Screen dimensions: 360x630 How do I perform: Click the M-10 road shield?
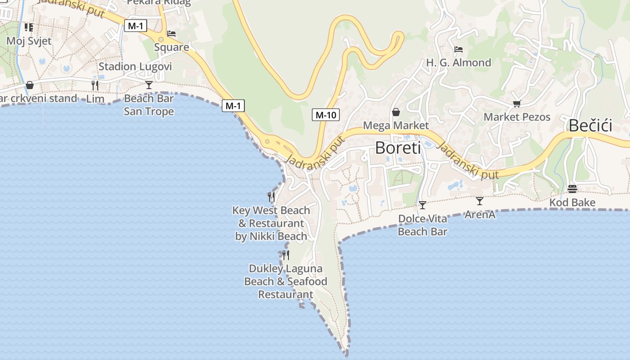pyautogui.click(x=325, y=115)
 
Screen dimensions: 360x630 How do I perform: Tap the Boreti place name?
pyautogui.click(x=398, y=148)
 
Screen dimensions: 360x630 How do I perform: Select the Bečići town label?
pyautogui.click(x=590, y=126)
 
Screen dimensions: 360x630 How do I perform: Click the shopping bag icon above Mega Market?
pyautogui.click(x=396, y=112)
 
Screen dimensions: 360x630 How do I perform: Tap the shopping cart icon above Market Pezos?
pyautogui.click(x=517, y=104)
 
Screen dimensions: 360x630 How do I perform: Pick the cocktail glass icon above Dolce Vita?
pyautogui.click(x=422, y=205)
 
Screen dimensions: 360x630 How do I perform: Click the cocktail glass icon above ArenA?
pyautogui.click(x=480, y=201)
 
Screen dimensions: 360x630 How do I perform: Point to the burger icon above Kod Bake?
pyautogui.click(x=572, y=189)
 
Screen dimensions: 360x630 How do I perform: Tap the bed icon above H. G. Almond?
pyautogui.click(x=459, y=49)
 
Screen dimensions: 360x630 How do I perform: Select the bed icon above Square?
pyautogui.click(x=171, y=34)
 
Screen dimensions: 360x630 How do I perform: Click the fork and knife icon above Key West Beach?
pyautogui.click(x=271, y=197)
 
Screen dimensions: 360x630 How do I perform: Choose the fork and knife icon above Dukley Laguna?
pyautogui.click(x=285, y=255)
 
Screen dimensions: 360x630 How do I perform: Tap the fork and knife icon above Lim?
pyautogui.click(x=95, y=85)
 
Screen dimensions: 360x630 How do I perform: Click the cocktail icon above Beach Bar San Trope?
pyautogui.click(x=149, y=85)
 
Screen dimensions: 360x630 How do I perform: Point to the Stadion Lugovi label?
pyautogui.click(x=135, y=67)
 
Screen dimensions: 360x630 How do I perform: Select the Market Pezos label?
pyautogui.click(x=517, y=117)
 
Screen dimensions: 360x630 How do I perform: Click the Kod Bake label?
pyautogui.click(x=572, y=202)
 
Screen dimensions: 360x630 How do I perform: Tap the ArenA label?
pyautogui.click(x=480, y=215)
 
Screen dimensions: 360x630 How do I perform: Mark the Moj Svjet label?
pyautogui.click(x=29, y=41)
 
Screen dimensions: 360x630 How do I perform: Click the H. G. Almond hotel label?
pyautogui.click(x=459, y=63)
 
